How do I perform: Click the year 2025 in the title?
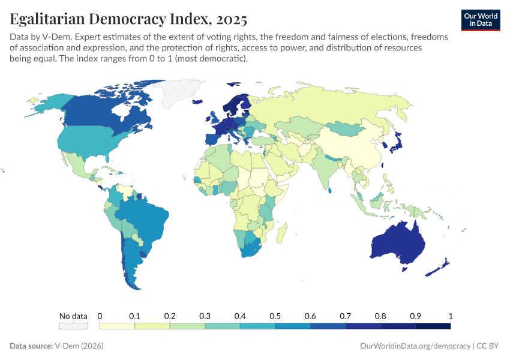tap(229, 19)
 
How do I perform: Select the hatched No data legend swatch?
tap(73, 326)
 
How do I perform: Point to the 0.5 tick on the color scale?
tap(275, 316)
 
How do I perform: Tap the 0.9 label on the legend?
tap(415, 316)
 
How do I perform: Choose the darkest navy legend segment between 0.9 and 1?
tap(433, 326)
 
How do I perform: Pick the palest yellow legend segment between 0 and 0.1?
tap(117, 326)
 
